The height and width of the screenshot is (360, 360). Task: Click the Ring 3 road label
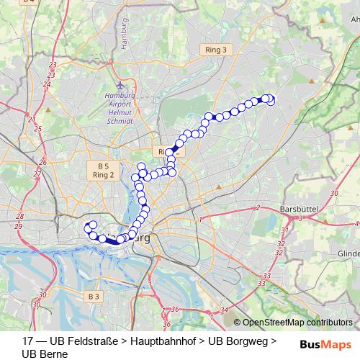tap(215, 50)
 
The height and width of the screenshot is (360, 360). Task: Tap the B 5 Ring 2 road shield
tap(104, 171)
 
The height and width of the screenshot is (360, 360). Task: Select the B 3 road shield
tap(92, 297)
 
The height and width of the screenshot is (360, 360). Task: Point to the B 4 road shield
tap(28, 2)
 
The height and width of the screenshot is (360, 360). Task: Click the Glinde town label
tap(348, 254)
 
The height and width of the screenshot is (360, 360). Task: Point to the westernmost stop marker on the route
tap(89, 226)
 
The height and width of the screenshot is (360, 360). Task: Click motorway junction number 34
tap(225, 310)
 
